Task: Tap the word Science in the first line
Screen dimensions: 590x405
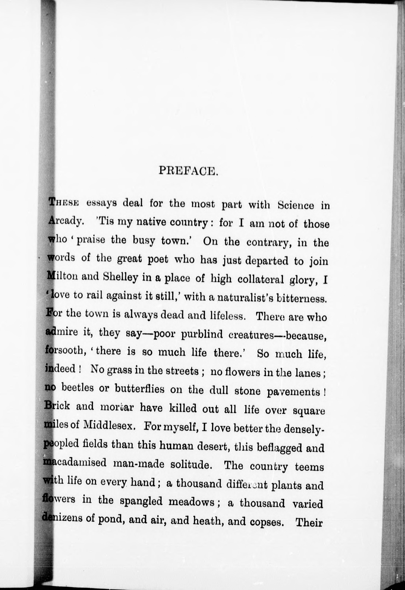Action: click(x=296, y=205)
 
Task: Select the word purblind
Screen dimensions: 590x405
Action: click(x=202, y=334)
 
